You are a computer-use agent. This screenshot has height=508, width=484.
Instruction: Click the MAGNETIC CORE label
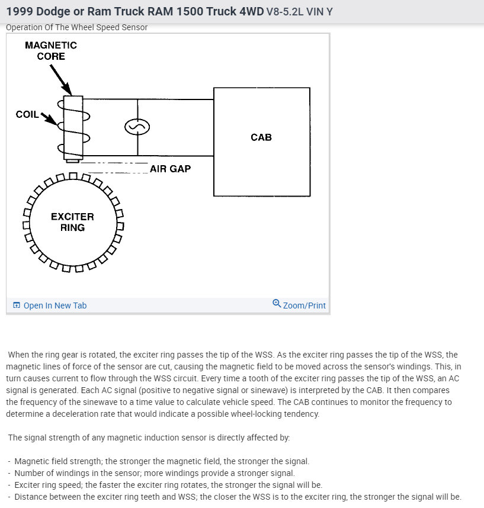[50, 51]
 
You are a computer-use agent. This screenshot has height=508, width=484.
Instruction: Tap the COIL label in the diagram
[27, 114]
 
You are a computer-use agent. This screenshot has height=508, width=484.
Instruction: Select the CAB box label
[261, 137]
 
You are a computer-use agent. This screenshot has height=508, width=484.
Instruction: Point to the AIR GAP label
[170, 169]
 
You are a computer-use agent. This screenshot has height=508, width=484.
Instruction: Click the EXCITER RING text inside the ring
[72, 222]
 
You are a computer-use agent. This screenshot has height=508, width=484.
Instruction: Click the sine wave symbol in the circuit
[137, 127]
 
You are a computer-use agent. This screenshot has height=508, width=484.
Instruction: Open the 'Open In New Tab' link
[55, 306]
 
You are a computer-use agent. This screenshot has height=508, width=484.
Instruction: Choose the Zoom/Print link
[304, 306]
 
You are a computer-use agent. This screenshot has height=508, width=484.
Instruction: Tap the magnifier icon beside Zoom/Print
[277, 304]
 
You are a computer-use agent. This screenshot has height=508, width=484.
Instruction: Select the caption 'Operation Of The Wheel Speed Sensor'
[76, 27]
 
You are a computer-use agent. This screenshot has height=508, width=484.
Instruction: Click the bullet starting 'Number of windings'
[154, 473]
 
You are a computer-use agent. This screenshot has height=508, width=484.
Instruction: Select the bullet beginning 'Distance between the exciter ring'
[237, 497]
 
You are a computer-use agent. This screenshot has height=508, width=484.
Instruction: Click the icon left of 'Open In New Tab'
[17, 306]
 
